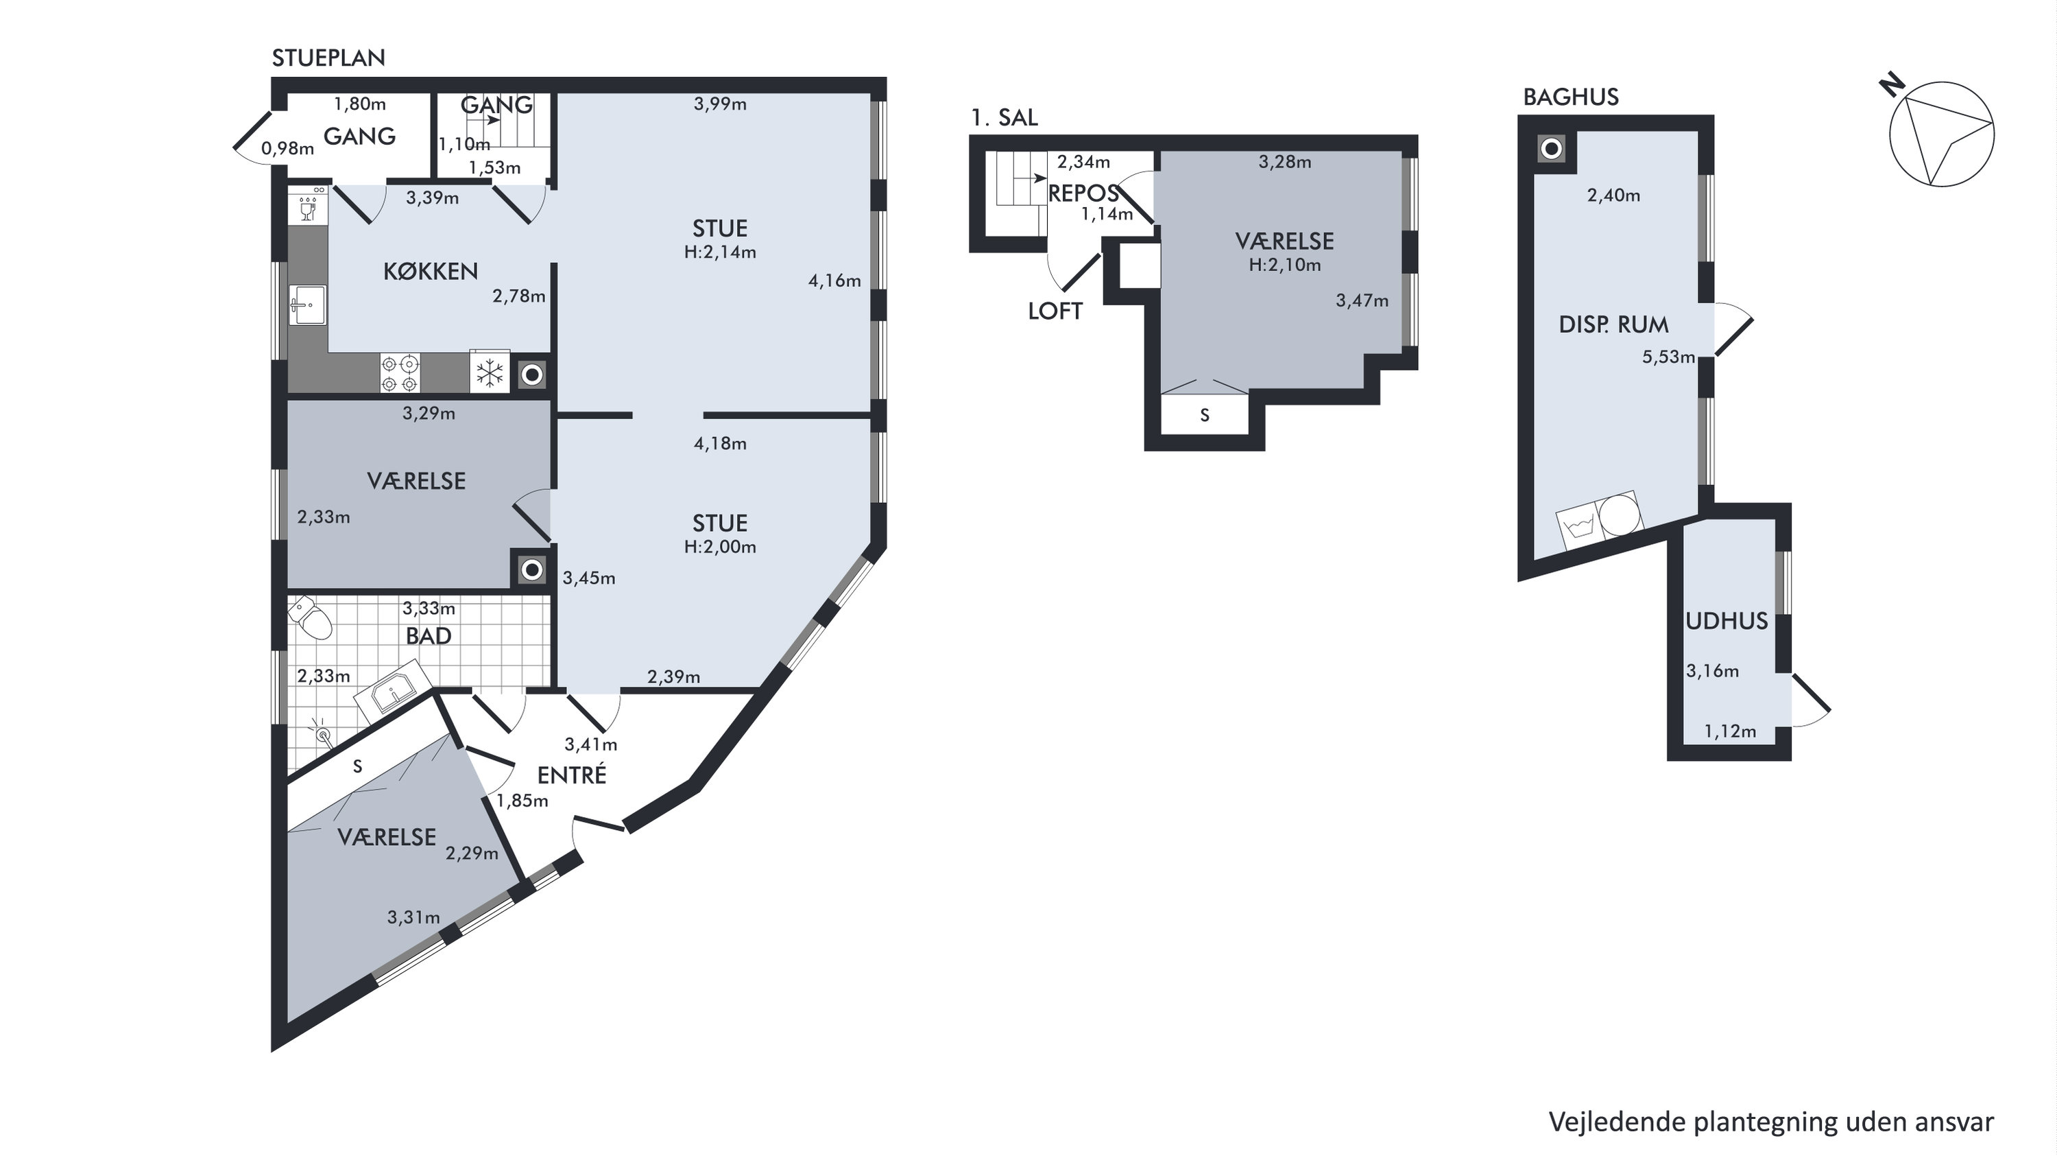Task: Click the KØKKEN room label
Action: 431,272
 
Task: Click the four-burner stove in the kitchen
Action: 400,374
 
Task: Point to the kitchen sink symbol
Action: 307,305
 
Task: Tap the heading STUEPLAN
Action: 328,58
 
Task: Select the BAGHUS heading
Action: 1571,97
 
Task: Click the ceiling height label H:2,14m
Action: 719,252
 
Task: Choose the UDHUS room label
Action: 1727,621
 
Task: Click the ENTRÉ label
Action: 572,775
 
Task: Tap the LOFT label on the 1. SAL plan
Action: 1055,311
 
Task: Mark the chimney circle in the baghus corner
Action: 1552,149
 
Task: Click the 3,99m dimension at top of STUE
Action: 719,104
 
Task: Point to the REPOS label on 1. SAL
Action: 1083,193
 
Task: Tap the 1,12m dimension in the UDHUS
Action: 1730,731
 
